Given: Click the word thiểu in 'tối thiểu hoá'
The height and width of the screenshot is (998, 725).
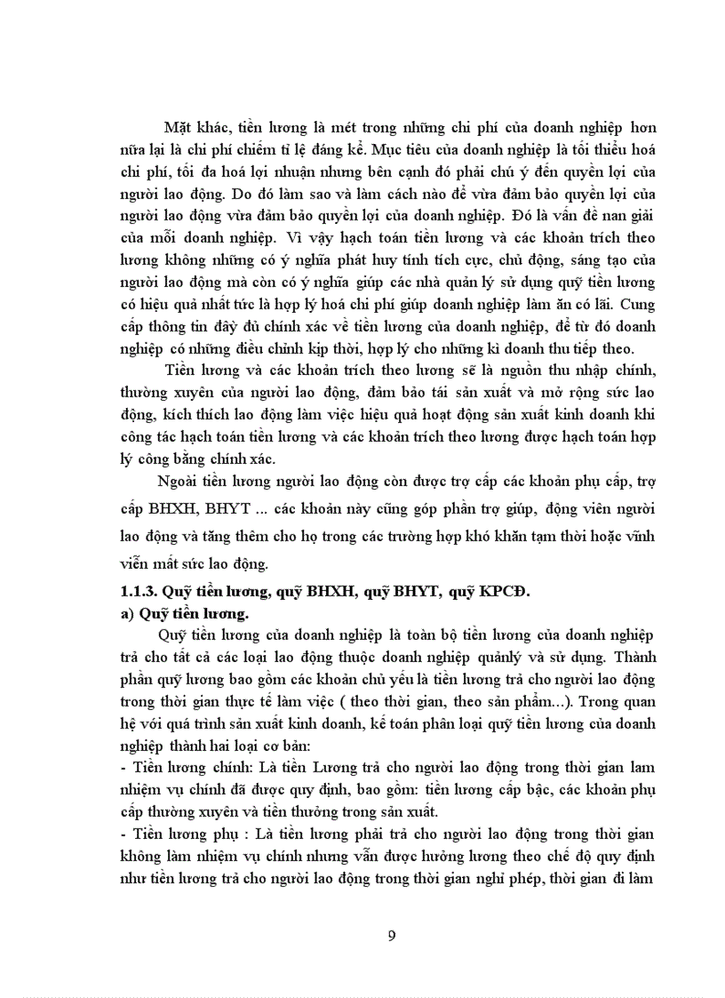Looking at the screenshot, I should pos(605,149).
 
